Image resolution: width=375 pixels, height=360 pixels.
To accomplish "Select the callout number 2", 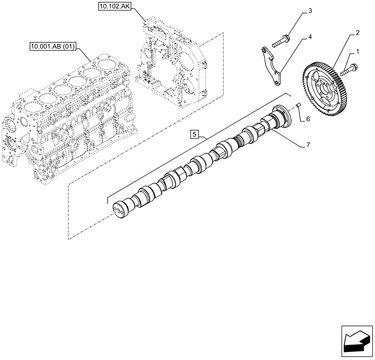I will coord(358,33).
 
